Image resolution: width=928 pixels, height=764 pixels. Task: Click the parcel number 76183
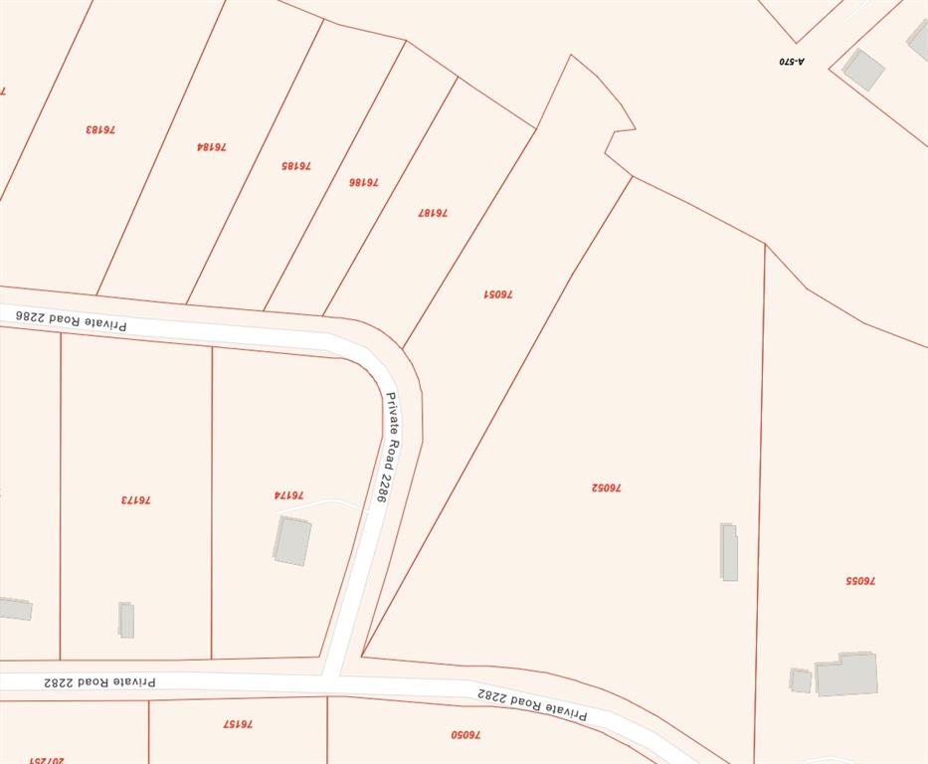point(99,129)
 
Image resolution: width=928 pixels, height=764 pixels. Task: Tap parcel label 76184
point(211,146)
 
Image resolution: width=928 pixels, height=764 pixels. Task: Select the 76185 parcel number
point(296,165)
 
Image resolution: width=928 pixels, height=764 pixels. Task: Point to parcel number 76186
point(363,182)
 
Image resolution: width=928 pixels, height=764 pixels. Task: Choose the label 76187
point(433,212)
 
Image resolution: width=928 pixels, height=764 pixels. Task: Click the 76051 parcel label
point(498,294)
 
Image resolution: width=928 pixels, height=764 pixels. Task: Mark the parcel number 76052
point(606,487)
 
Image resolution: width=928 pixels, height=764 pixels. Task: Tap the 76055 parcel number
point(860,580)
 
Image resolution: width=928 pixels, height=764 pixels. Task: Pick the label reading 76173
point(135,499)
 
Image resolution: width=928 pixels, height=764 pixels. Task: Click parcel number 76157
point(238,723)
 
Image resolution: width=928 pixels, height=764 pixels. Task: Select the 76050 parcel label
point(465,734)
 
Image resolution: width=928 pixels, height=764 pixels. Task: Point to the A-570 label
point(792,61)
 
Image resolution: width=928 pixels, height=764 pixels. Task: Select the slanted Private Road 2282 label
point(532,703)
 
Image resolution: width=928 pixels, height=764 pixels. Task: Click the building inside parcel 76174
point(292,540)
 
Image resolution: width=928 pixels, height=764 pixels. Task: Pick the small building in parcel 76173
point(126,620)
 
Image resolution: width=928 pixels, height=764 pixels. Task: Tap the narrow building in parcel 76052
point(729,552)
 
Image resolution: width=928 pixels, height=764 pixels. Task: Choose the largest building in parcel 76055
point(847,674)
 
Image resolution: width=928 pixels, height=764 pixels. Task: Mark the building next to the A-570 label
point(862,69)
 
